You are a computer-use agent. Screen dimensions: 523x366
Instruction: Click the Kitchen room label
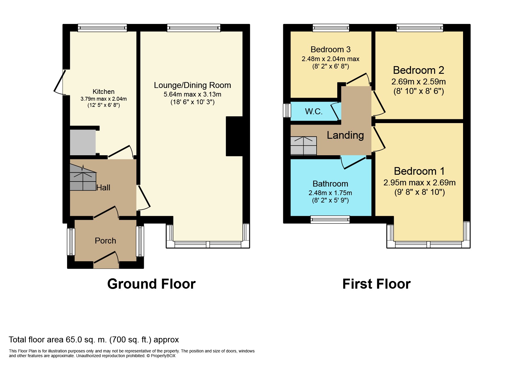point(103,91)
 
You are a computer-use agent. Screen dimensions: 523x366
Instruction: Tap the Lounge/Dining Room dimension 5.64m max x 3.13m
point(192,94)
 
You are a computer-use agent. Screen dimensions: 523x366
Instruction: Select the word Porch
point(105,241)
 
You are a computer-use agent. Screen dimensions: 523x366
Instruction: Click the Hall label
point(103,187)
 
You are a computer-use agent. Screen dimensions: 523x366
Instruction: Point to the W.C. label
point(314,111)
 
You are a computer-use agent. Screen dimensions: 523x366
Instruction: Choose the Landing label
point(345,135)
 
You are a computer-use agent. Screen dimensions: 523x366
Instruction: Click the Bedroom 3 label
point(330,49)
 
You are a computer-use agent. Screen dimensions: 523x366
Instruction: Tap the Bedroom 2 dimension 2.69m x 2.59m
point(418,81)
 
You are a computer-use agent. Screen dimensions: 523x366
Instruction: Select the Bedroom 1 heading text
point(419,171)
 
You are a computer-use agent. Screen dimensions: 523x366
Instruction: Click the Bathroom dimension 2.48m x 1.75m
point(330,193)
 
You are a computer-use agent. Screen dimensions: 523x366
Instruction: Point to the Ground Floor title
point(151,284)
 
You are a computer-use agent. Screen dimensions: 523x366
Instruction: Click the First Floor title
point(376,284)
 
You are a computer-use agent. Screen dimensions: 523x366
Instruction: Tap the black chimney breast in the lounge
point(234,136)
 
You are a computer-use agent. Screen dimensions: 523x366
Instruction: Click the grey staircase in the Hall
point(83,177)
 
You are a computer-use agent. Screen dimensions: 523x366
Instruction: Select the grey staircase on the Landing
point(304,146)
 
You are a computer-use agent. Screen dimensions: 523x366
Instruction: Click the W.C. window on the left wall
point(287,110)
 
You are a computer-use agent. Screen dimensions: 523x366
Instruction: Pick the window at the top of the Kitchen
point(102,28)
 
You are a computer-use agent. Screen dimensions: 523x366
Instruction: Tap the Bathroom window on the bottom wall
point(330,219)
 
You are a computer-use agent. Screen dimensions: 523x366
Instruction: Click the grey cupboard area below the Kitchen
point(83,142)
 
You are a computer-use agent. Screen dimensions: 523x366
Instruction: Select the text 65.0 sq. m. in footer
point(86,340)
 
